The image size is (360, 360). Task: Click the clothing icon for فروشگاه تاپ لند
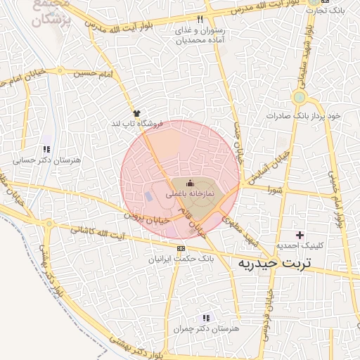tap(136, 112)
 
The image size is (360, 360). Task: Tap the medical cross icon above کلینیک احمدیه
tap(301, 235)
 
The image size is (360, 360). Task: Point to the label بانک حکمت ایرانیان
tap(179, 259)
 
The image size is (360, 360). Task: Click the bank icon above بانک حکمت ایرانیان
tap(182, 249)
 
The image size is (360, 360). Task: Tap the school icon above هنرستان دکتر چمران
tap(205, 318)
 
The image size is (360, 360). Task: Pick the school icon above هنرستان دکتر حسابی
tap(46, 150)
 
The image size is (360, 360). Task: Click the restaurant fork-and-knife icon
tap(201, 20)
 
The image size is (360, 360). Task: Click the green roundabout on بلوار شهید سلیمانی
tap(300, 97)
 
